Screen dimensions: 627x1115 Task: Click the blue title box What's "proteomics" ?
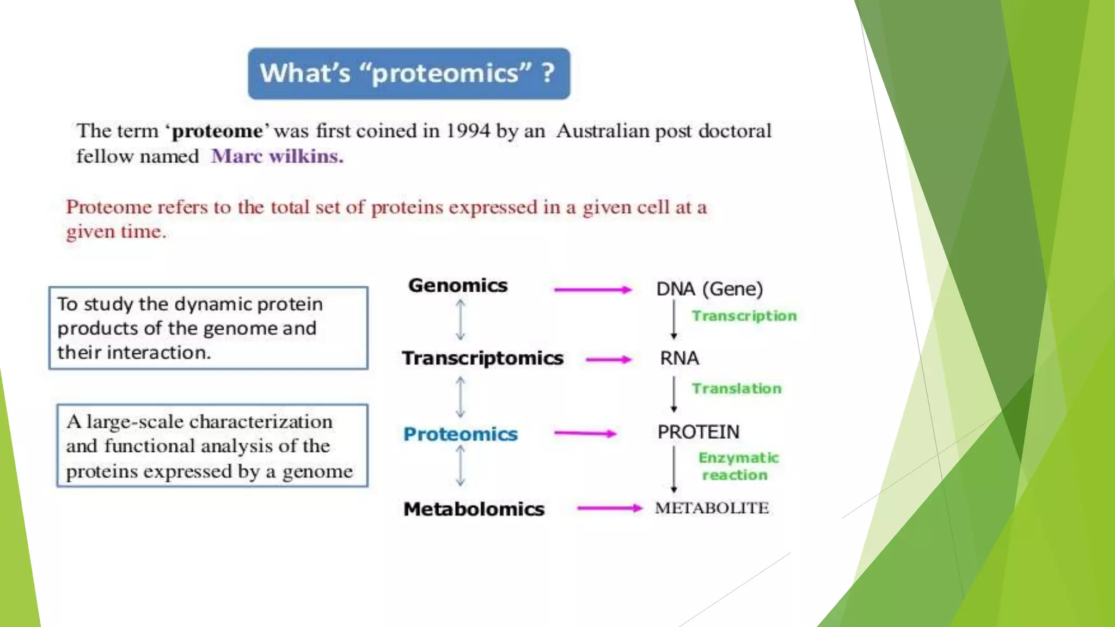tap(409, 73)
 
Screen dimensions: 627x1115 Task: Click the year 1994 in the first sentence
tap(468, 131)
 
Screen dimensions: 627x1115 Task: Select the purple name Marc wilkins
tap(277, 156)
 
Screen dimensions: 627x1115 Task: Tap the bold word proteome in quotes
tap(217, 131)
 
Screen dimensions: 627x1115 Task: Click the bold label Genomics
tap(458, 286)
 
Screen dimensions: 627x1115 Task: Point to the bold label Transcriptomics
tap(483, 358)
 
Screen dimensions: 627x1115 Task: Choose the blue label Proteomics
tap(461, 434)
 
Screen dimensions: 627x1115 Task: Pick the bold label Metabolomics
tap(474, 509)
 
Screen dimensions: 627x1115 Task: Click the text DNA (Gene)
tap(709, 289)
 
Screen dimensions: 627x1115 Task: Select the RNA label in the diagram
tap(679, 358)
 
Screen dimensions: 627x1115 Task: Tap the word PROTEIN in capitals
tap(699, 432)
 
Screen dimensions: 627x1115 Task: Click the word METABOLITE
tap(712, 508)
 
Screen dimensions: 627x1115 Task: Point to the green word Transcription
tap(744, 316)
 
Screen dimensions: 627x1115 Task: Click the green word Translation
tap(737, 389)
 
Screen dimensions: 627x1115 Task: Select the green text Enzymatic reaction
tap(738, 466)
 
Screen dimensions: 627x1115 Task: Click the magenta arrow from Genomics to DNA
tap(593, 290)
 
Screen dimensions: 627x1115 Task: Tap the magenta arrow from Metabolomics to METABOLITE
tap(609, 508)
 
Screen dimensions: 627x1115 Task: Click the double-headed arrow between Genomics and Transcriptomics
tap(461, 321)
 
